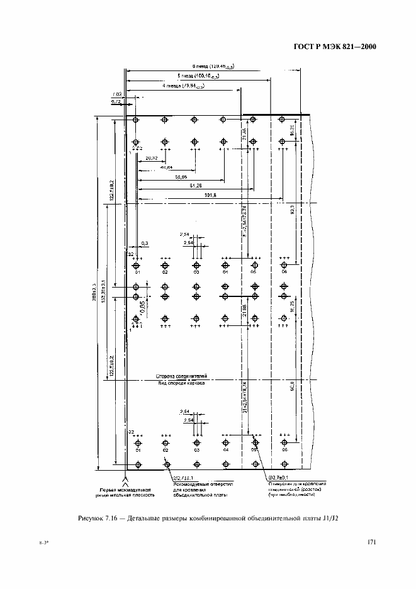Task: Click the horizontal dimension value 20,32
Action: pos(151,159)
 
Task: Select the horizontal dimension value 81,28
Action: pos(196,188)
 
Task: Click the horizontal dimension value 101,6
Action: pos(211,197)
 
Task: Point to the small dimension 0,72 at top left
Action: pos(116,101)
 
